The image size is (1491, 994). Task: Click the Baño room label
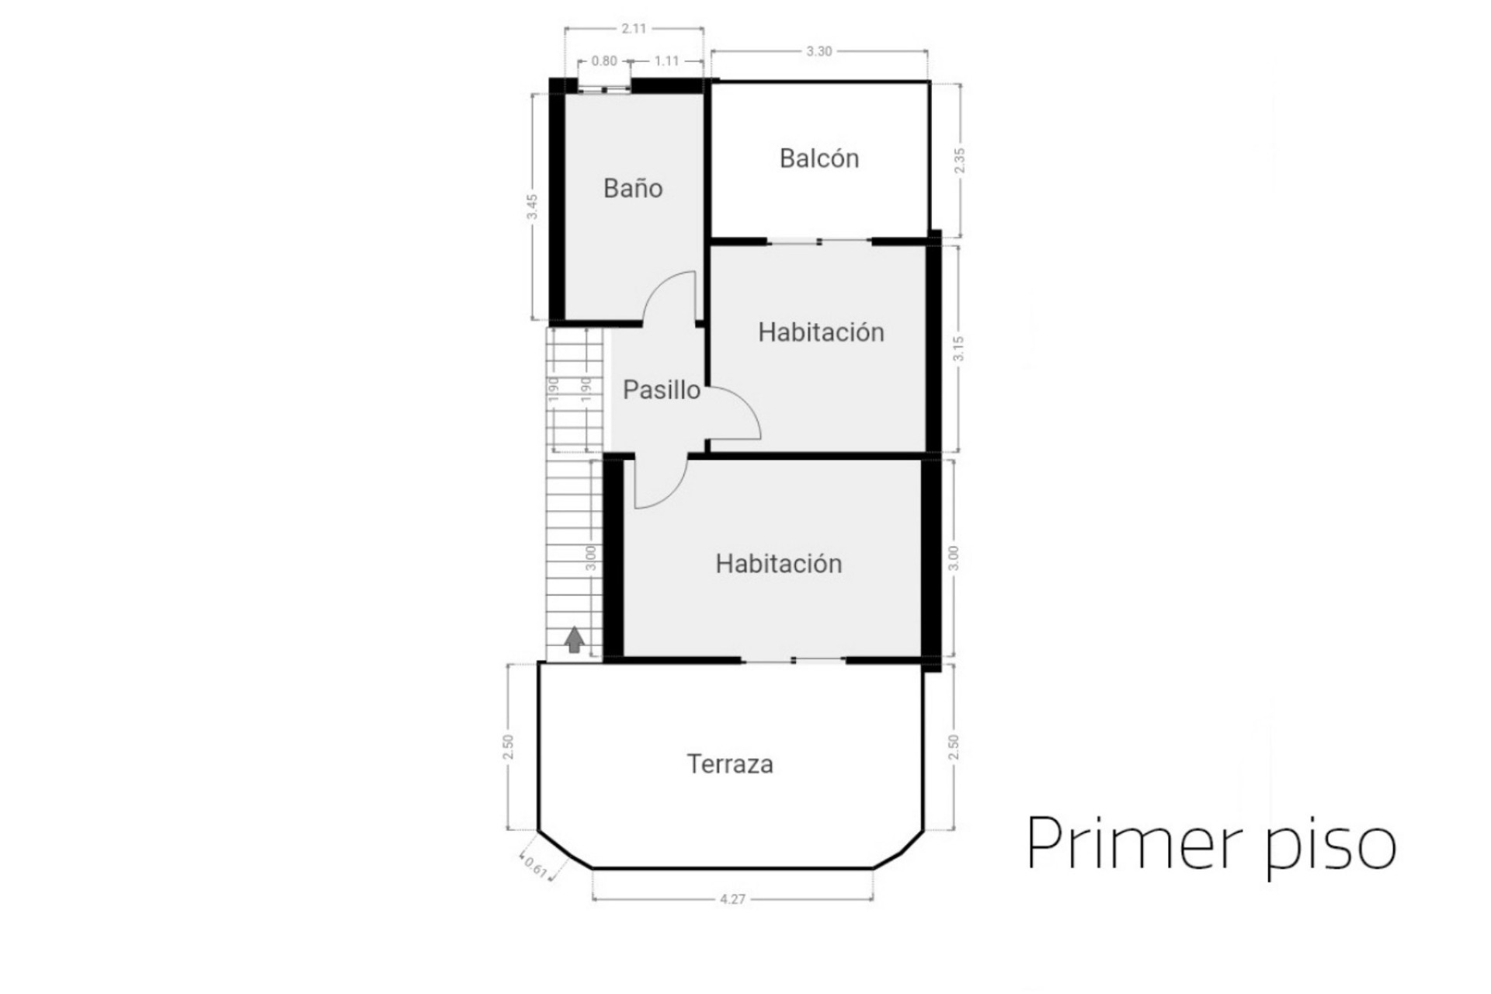633,188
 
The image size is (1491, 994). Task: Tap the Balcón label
819,158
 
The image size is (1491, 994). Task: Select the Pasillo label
662,390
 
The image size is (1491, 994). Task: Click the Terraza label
730,764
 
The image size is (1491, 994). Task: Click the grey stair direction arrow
575,640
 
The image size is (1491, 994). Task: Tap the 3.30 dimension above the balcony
818,51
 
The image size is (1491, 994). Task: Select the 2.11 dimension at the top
634,29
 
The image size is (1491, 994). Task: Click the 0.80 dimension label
604,61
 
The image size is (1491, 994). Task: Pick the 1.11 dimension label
666,61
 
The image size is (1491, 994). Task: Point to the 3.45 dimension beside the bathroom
533,206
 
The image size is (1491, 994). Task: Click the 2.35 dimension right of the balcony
960,160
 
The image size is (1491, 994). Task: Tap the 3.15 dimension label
959,348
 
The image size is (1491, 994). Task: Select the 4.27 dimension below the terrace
732,899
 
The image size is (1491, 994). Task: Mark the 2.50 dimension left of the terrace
508,747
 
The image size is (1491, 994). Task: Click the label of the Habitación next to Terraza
779,564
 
